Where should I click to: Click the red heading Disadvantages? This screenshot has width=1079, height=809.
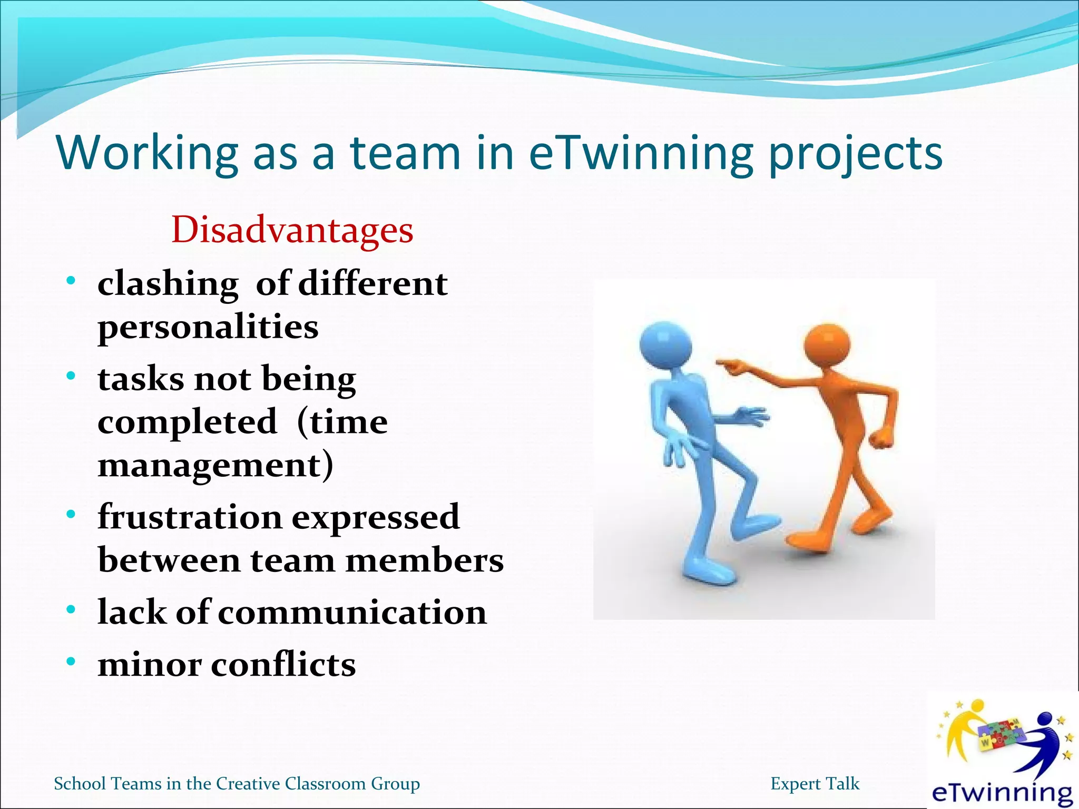point(292,230)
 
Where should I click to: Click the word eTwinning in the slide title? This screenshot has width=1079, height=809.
point(640,153)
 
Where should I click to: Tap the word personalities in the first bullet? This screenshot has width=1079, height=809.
point(208,327)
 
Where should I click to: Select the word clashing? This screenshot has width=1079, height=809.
point(168,284)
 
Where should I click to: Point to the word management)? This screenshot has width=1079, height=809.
point(215,465)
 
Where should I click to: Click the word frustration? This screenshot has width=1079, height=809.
point(190,517)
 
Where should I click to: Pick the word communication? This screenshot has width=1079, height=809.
point(352,612)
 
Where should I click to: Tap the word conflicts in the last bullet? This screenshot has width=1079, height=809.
point(283,664)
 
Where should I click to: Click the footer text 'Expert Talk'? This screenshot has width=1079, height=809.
point(815,784)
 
